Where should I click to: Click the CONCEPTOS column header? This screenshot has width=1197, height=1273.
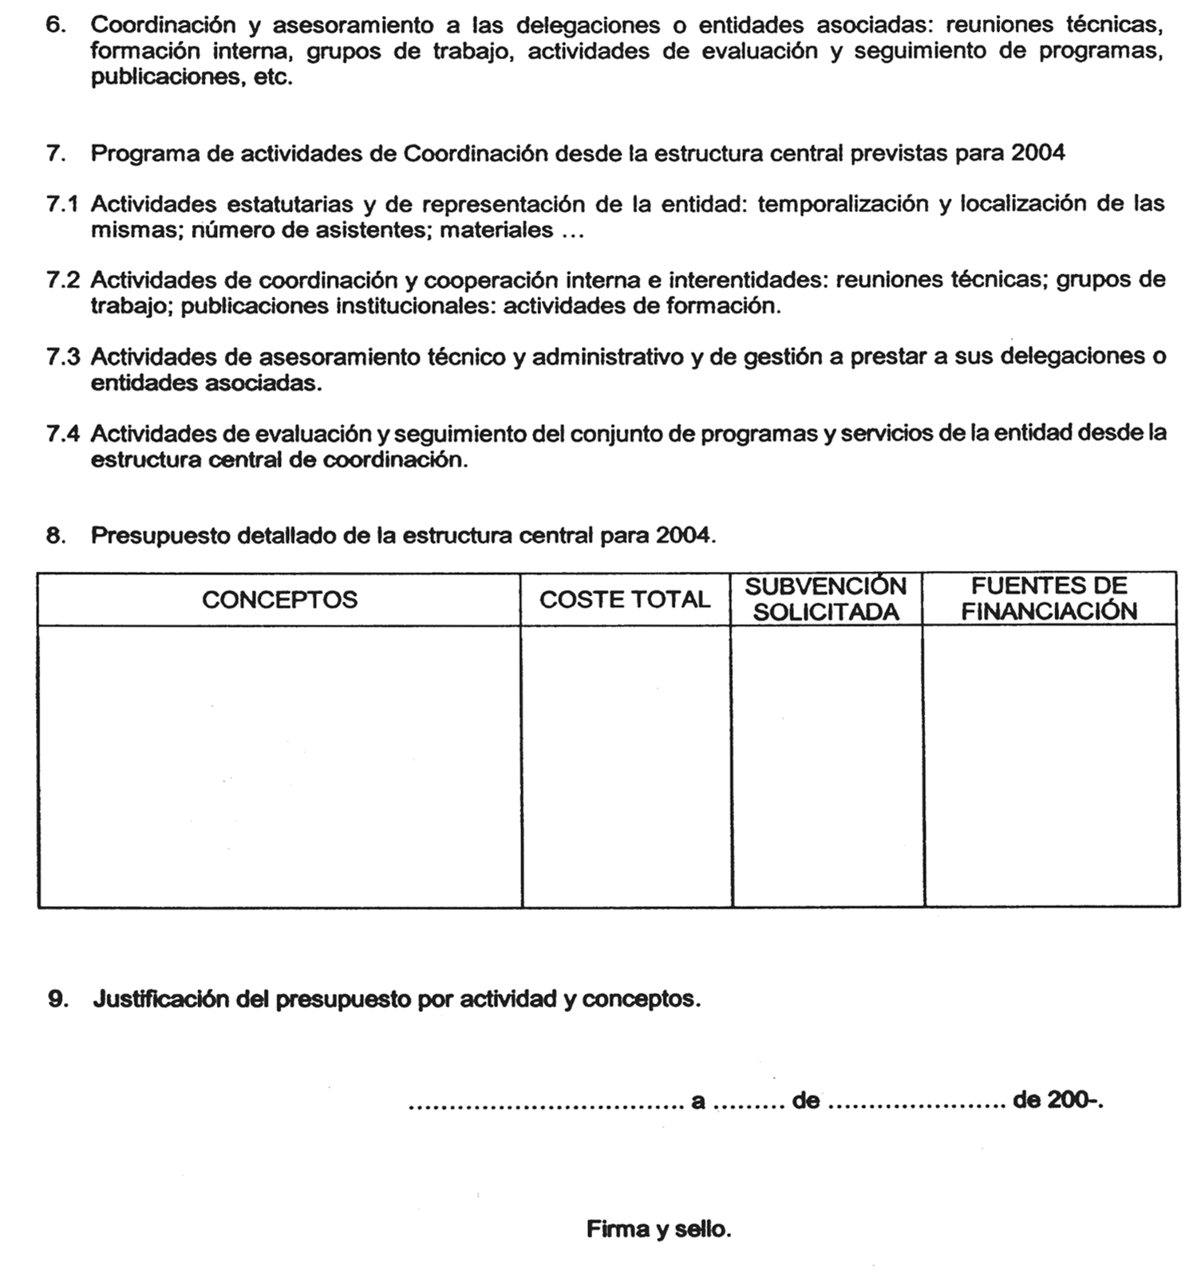point(279,600)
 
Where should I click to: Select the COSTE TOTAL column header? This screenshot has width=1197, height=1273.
point(624,600)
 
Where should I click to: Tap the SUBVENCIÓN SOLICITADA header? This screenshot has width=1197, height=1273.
point(826,600)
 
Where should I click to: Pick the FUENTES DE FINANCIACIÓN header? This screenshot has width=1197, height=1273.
point(1049,599)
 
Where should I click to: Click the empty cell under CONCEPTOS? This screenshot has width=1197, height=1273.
point(279,766)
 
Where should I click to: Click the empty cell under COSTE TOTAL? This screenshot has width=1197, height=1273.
point(626,766)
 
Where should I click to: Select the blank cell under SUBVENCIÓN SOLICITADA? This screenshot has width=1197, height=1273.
point(828,766)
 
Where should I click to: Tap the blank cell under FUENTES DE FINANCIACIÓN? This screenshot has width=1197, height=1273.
point(1051,766)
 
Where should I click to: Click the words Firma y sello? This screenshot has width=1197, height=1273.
point(658,1229)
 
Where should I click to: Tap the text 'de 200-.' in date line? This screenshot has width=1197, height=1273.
point(1057,1102)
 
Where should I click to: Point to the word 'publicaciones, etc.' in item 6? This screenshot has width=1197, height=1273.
point(192,78)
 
